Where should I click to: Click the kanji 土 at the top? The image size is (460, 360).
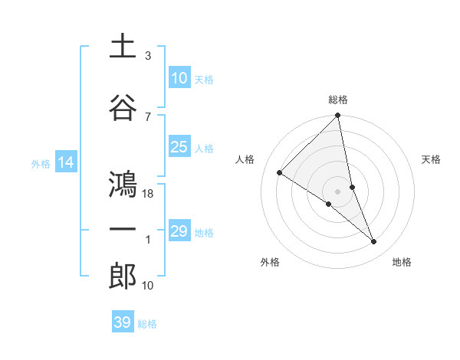(123, 47)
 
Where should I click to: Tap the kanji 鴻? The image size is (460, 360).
(123, 185)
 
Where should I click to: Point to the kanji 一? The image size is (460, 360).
(123, 229)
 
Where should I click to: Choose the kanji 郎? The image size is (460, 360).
(123, 276)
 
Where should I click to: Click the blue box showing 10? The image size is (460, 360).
(179, 78)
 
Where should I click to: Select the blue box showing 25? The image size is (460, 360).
(179, 147)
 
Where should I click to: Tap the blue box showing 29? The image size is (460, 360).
(179, 231)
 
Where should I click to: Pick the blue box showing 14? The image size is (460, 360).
(66, 162)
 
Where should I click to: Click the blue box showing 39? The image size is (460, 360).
(122, 322)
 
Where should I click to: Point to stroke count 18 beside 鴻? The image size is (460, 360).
(149, 194)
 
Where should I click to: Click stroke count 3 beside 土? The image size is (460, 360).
(148, 56)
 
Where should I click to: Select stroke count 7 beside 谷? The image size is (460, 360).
(148, 116)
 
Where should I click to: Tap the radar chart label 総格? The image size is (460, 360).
(338, 100)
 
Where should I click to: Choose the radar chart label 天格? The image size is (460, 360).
(432, 159)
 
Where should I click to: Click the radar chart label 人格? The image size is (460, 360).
(245, 159)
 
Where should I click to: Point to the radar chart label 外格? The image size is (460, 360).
(270, 262)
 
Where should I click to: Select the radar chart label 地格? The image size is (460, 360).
(402, 262)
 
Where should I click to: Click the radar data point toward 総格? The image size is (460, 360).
(337, 116)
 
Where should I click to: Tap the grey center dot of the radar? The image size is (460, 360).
(337, 191)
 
